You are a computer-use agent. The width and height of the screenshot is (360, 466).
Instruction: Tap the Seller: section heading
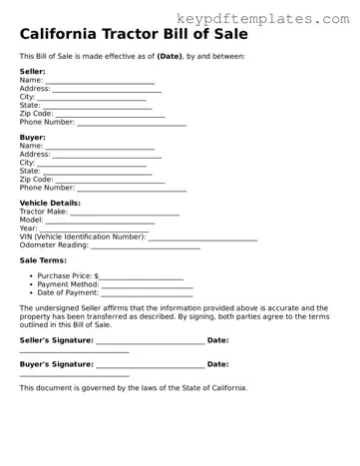33,72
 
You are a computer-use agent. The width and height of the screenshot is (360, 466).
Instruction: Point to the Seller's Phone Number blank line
132,124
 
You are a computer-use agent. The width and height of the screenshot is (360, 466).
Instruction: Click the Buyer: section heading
33,137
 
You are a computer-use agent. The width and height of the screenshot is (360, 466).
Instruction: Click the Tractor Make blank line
125,213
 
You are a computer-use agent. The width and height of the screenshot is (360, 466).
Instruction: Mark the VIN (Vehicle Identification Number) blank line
202,238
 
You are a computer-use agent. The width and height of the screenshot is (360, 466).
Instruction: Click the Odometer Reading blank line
146,246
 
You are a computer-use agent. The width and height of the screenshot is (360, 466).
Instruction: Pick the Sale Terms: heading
43,260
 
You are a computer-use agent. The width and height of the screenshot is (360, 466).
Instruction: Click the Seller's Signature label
56,341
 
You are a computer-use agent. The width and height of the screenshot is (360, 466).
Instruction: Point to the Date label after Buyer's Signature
217,365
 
